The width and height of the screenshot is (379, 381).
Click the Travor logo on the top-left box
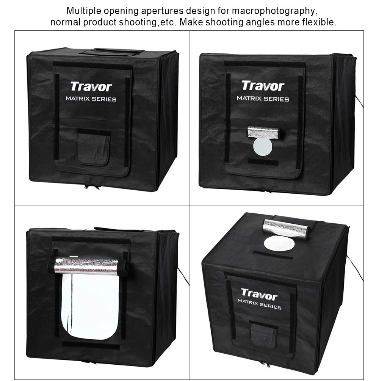click(91, 87)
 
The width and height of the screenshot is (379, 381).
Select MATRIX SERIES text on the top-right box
click(263, 99)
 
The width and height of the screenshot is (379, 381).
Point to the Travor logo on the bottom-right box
click(259, 295)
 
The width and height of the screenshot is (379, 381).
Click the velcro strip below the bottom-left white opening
click(91, 345)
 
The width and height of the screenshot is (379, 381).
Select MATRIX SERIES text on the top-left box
click(91, 99)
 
